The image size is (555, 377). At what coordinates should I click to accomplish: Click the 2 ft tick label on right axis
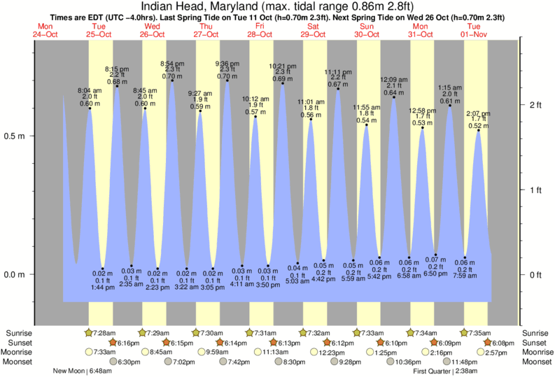pos(535,105)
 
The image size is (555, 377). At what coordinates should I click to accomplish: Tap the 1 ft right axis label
pos(535,190)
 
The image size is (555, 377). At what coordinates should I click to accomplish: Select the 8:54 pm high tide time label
pos(172,64)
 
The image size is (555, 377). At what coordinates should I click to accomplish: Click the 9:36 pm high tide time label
pos(227,64)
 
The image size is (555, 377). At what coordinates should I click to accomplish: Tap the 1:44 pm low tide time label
pos(102,288)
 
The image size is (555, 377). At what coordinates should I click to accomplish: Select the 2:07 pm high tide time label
pos(479,113)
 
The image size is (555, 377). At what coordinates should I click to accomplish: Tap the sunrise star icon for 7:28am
pos(88,333)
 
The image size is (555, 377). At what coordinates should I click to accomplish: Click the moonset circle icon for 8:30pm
pos(279,362)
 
